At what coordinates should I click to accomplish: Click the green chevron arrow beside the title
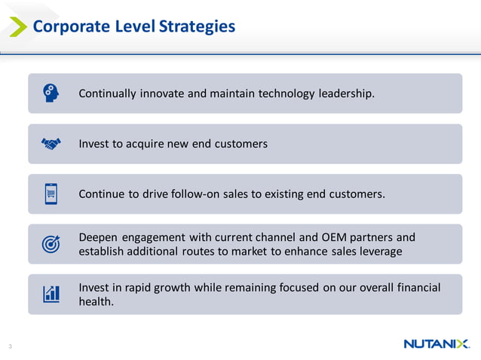[17, 26]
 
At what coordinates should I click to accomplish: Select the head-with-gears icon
[51, 93]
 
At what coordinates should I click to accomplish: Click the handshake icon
[51, 143]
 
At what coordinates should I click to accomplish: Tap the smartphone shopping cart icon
[51, 194]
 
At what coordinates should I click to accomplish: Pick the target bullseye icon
[51, 243]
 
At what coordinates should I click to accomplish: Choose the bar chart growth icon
[51, 294]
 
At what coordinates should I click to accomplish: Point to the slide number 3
[10, 346]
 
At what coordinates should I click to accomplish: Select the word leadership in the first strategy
[342, 93]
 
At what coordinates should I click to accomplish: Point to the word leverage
[378, 251]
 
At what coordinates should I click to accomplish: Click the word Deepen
[98, 237]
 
